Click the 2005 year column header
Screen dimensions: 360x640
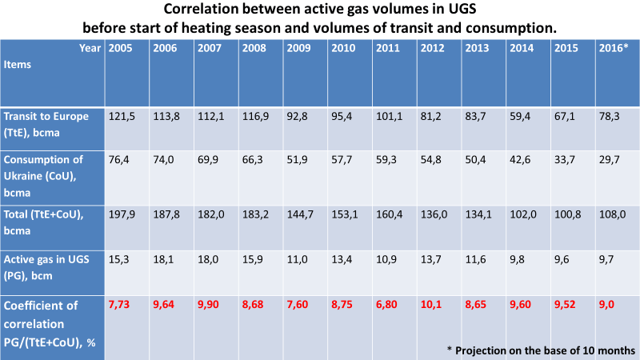click(119, 48)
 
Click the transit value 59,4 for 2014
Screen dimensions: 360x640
click(522, 116)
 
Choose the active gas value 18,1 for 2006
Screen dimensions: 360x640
click(164, 260)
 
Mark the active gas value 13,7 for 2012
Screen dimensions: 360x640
click(432, 260)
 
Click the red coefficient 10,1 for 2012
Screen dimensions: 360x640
click(432, 305)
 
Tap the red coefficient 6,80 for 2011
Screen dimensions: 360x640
click(388, 305)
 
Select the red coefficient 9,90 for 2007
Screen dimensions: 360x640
click(209, 305)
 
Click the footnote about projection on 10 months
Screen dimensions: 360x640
click(540, 350)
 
